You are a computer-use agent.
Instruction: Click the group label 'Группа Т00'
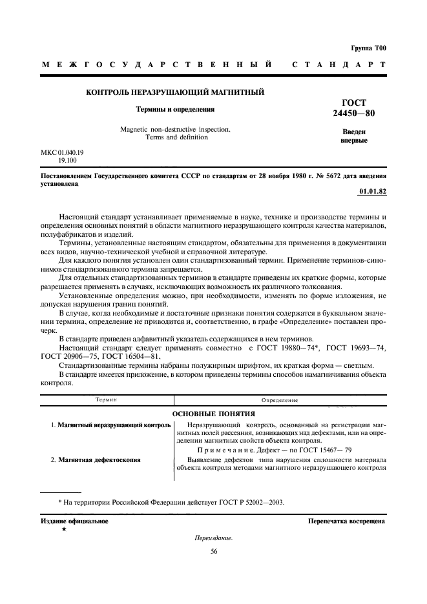(x=369, y=48)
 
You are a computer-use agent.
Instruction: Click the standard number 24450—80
(x=353, y=114)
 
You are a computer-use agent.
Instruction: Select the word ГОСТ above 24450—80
(x=353, y=103)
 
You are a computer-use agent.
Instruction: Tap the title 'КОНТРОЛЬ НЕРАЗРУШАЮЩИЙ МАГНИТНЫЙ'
(x=175, y=93)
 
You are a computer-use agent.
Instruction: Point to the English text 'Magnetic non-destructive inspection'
(x=176, y=129)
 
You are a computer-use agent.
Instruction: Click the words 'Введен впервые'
(x=353, y=136)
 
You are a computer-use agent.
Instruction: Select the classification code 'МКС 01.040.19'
(x=63, y=152)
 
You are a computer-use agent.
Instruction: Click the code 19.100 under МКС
(x=68, y=160)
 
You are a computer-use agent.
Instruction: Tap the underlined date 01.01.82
(x=372, y=192)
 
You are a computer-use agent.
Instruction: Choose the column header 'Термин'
(x=106, y=400)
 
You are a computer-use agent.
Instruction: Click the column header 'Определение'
(x=280, y=400)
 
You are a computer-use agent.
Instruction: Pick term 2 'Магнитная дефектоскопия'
(x=99, y=459)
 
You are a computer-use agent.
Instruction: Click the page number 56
(x=214, y=551)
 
